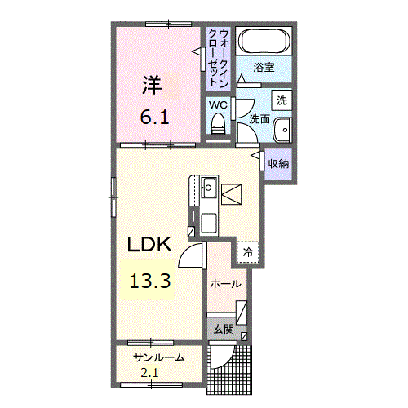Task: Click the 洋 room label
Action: click(152, 83)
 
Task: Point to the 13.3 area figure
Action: click(149, 282)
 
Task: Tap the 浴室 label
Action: click(264, 67)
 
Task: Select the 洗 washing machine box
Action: click(281, 100)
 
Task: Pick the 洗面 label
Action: click(259, 119)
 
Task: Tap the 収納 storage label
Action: click(278, 163)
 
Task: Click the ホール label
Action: click(225, 284)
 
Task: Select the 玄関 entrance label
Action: click(223, 330)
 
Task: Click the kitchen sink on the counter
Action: click(208, 186)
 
